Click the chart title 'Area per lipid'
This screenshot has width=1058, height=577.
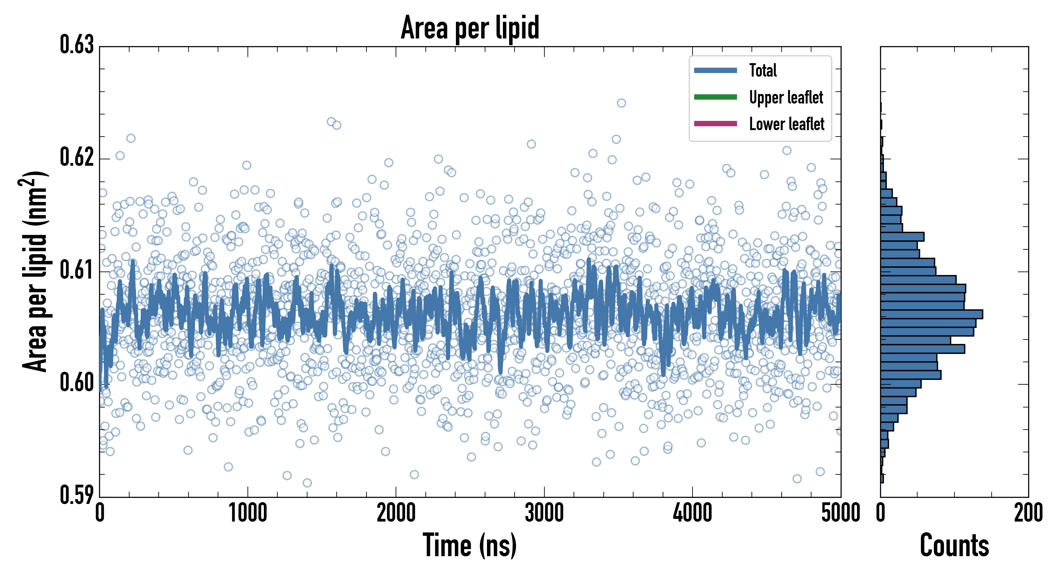click(470, 28)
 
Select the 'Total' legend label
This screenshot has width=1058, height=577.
click(763, 70)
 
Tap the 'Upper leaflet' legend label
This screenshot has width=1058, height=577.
click(786, 97)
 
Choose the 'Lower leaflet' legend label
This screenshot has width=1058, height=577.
click(786, 124)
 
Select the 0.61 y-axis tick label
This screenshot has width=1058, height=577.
click(77, 270)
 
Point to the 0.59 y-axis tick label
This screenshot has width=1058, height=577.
click(77, 495)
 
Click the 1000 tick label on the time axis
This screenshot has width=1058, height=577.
click(248, 513)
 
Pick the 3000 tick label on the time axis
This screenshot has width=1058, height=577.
click(544, 513)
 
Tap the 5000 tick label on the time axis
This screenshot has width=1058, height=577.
click(840, 513)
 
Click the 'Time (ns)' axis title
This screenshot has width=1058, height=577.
click(470, 545)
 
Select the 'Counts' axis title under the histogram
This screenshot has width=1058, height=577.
click(954, 545)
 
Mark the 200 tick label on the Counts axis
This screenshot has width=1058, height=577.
click(1028, 513)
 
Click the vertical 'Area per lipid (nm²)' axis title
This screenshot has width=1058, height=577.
click(35, 272)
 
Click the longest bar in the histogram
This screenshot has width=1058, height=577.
click(931, 314)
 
